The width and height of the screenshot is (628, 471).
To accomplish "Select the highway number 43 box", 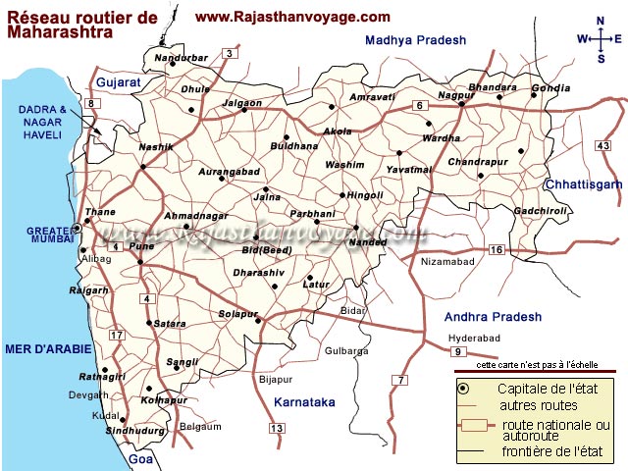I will (x=602, y=146).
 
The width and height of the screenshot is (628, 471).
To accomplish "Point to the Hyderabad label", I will (x=474, y=338).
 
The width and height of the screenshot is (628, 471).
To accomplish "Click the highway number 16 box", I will (x=497, y=251).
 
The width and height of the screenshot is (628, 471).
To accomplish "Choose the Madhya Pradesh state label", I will (x=415, y=40).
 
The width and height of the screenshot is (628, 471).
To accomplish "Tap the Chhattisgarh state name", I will (x=583, y=184).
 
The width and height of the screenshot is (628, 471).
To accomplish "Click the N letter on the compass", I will (x=600, y=21).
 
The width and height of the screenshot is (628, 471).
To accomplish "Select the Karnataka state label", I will (x=305, y=402).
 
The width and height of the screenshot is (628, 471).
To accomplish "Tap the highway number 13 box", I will (x=277, y=428).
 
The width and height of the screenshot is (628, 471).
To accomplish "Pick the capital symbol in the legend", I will (x=463, y=389).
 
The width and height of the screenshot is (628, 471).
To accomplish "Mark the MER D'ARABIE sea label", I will (x=48, y=348).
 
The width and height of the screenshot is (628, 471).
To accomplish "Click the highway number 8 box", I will (x=91, y=104).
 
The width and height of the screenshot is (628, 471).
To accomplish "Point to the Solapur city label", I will (x=236, y=314).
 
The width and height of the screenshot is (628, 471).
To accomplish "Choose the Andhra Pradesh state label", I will (x=493, y=317).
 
